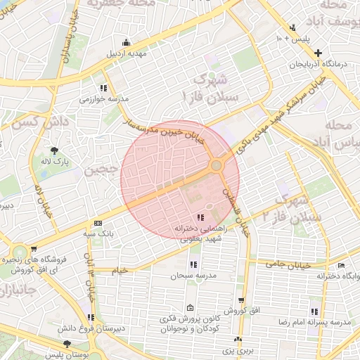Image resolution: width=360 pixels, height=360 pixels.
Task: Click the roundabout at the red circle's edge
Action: point(217,165)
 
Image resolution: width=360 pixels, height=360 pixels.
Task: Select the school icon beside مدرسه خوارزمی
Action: point(103,88)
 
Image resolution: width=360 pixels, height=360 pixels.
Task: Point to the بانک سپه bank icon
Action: point(97,222)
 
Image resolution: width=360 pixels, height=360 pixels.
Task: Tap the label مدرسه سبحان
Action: point(192,276)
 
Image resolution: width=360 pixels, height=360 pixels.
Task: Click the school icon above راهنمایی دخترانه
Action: point(200,217)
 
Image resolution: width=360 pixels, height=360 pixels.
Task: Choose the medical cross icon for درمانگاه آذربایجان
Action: point(319,53)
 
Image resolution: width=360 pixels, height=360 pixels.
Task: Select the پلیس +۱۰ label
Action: point(300,37)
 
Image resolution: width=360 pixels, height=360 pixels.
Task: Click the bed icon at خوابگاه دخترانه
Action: point(341,265)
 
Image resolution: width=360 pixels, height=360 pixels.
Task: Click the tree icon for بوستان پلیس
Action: point(67,345)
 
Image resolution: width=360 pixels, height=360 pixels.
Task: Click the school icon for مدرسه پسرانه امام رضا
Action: point(314,311)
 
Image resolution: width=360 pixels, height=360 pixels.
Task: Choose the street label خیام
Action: point(120,270)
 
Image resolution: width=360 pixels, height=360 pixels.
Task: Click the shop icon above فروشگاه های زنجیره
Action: point(34,249)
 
